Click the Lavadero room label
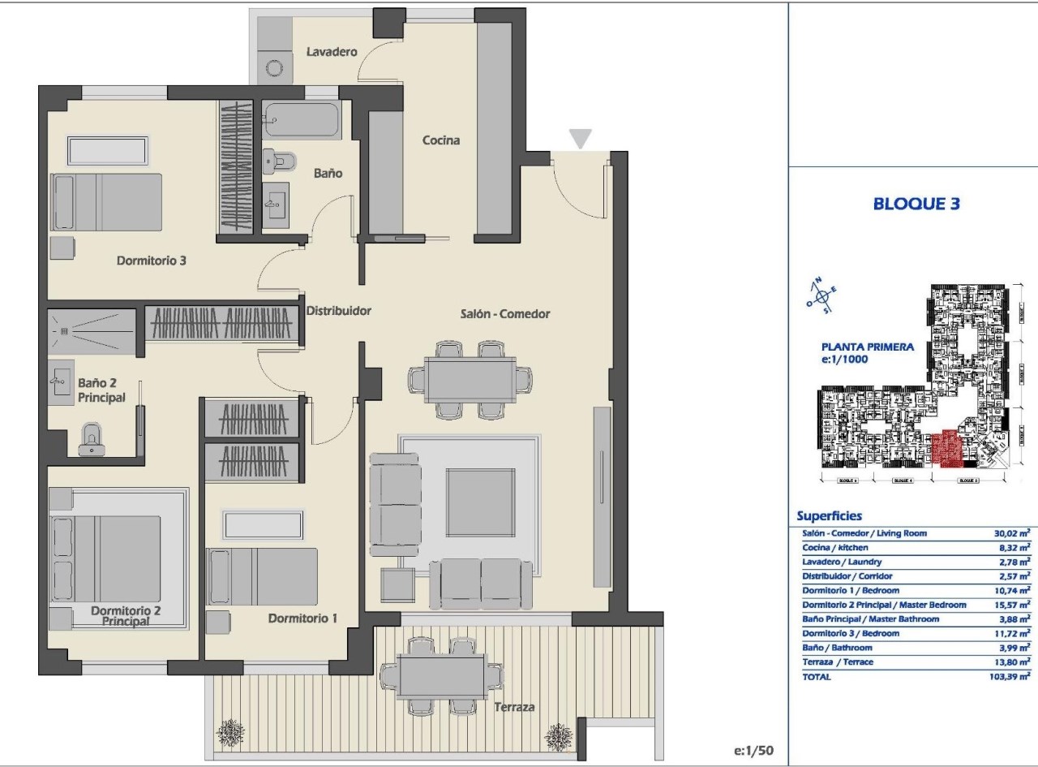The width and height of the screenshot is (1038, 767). click(332, 52)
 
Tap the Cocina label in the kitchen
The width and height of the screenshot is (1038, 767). click(441, 140)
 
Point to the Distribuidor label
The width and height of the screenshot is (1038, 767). click(338, 310)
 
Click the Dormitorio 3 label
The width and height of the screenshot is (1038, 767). click(152, 261)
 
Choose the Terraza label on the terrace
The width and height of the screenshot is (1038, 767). click(515, 707)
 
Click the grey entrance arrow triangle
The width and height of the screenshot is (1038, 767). click(580, 139)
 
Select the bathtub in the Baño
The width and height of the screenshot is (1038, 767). click(300, 120)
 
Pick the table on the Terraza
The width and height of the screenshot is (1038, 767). click(442, 674)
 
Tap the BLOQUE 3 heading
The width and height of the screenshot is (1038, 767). click(916, 204)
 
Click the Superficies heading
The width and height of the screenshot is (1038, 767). click(829, 516)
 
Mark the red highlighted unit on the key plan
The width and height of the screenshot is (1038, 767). click(944, 449)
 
